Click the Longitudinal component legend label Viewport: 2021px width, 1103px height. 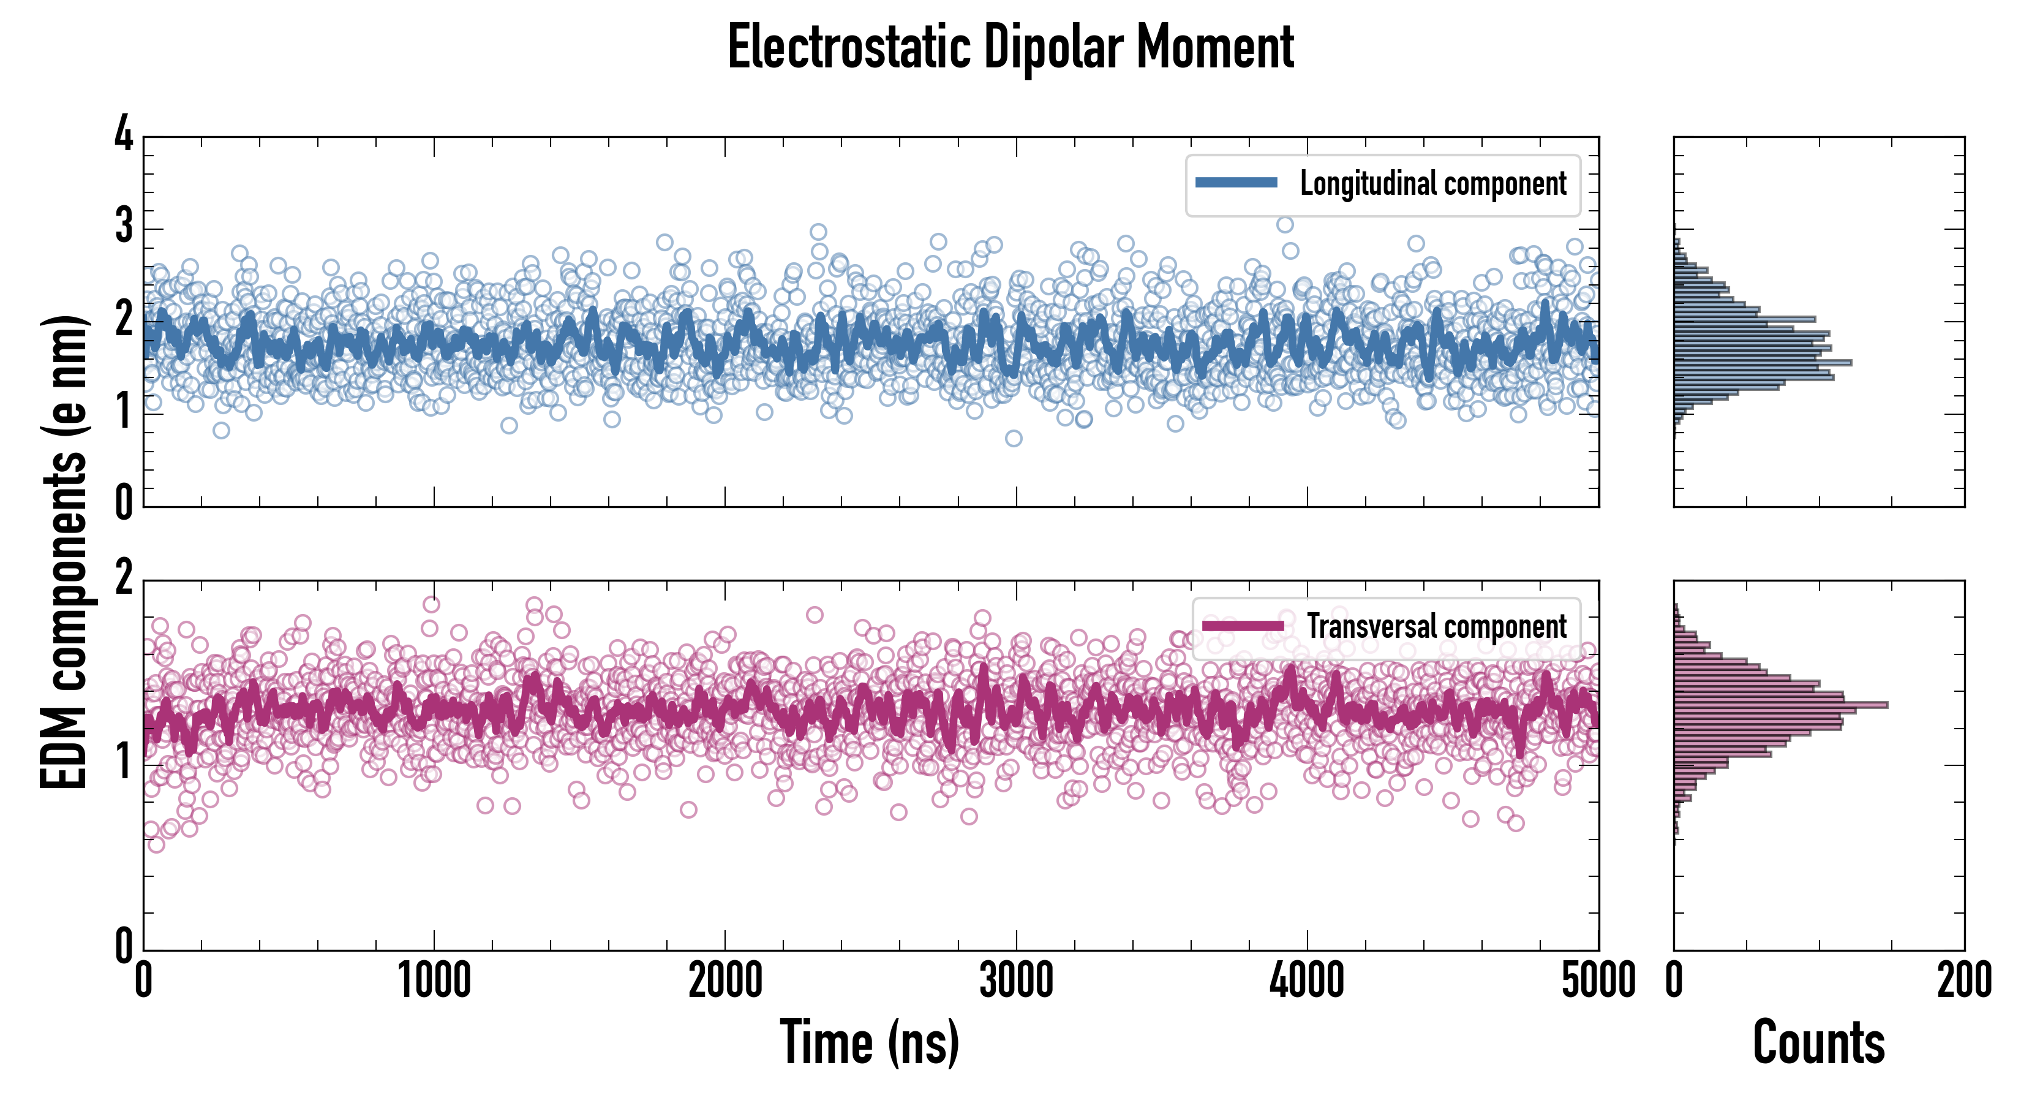1432,184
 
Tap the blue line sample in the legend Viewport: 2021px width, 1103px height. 1236,183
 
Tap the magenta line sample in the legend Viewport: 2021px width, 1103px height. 1243,626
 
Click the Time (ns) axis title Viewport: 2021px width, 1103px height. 869,1042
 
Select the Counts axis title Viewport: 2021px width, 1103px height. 1818,1042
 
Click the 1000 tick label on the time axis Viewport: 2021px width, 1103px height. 434,980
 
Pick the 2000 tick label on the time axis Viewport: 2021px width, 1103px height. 725,980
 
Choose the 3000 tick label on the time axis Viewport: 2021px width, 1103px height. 1016,980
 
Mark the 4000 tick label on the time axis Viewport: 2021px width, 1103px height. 1307,980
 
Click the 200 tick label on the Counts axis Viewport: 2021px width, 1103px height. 1963,980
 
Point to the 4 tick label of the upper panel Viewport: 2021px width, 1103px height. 124,134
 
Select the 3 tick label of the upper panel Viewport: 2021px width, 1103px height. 124,226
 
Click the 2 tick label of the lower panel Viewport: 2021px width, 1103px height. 124,578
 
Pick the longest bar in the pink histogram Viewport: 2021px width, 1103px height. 1781,705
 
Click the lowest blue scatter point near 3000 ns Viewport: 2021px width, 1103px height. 1014,438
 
